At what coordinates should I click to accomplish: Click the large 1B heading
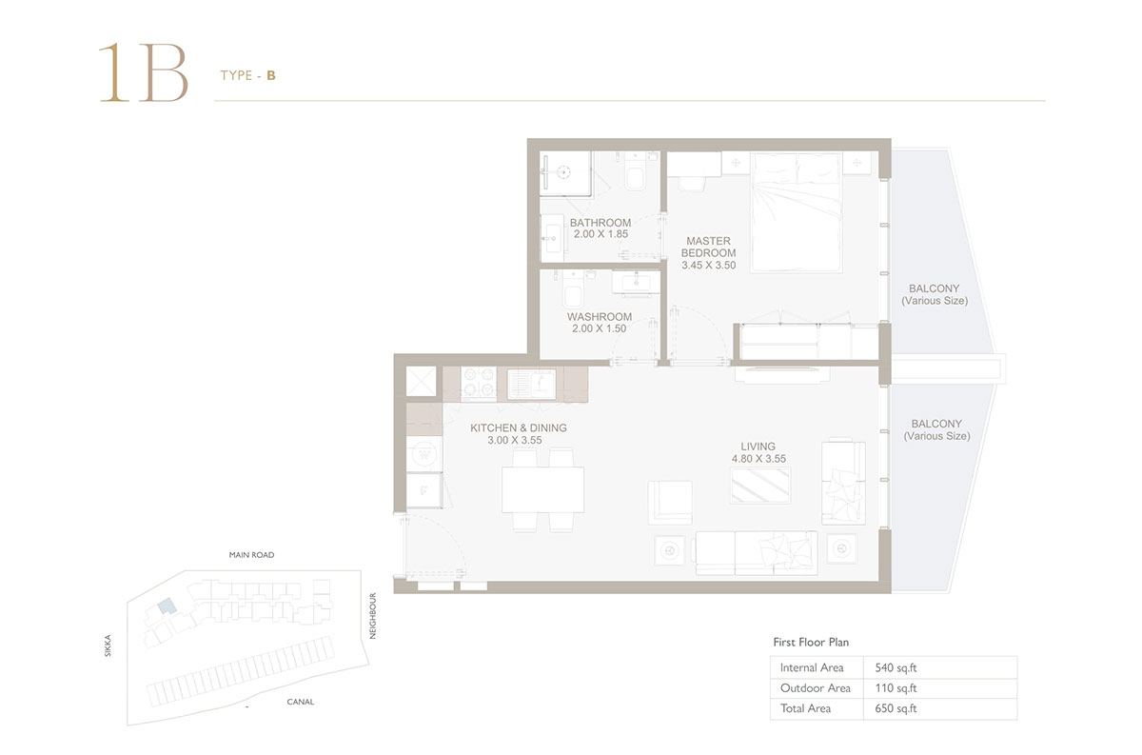pos(144,72)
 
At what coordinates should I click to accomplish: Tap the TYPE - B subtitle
pos(247,75)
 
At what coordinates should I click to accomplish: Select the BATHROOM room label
pos(601,223)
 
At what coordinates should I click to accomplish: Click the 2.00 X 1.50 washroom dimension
pos(599,328)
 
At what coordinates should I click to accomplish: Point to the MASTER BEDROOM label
pos(709,247)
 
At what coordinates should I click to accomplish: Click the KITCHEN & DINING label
pos(519,428)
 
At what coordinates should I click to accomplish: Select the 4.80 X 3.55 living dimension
pos(758,459)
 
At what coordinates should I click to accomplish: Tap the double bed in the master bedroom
pos(796,211)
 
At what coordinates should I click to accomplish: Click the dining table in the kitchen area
pos(543,489)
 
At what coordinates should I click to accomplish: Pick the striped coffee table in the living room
pos(760,486)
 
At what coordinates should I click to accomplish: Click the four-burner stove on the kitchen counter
pos(479,383)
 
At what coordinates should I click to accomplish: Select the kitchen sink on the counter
pos(531,384)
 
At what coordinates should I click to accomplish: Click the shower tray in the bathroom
pos(565,173)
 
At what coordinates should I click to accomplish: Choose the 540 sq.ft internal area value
pos(896,667)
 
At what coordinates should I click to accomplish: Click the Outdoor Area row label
pos(816,688)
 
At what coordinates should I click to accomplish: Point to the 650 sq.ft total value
pos(896,708)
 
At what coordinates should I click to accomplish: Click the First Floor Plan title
pos(811,643)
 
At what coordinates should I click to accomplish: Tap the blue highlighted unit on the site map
pos(167,606)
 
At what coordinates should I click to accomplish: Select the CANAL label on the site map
pos(301,702)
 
